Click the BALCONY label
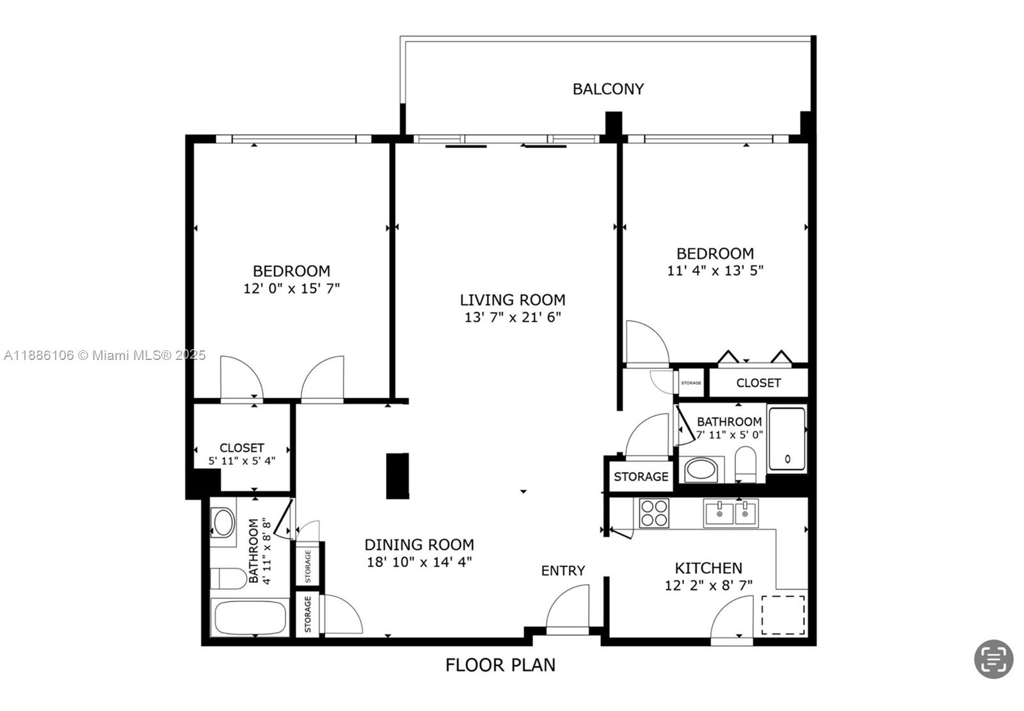coord(608,89)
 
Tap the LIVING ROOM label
coord(513,300)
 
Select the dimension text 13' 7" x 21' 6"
coord(513,317)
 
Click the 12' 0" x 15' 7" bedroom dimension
coord(292,289)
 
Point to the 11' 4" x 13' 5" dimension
coord(715,270)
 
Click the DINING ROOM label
coord(419,544)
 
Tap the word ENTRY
coord(563,571)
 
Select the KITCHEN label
coord(708,568)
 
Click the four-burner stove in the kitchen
coord(654,513)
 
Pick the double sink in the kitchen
coord(730,513)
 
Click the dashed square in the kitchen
coord(783,615)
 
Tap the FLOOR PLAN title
coord(500,665)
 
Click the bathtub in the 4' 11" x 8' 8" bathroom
coord(250,617)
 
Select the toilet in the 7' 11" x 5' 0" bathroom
coord(746,464)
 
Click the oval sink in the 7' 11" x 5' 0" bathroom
coord(701,470)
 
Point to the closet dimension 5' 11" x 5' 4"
coord(242,461)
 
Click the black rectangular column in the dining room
coord(397,476)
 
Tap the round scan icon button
coord(993,659)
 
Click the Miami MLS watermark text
coord(105,355)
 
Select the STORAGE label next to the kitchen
coord(641,477)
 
